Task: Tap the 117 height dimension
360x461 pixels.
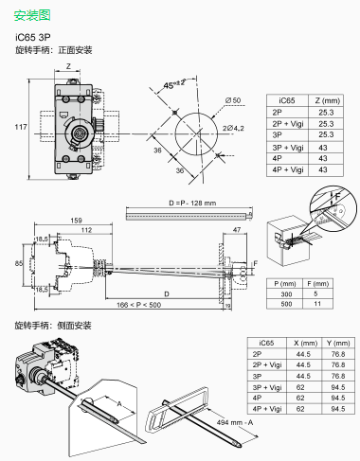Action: pyautogui.click(x=20, y=127)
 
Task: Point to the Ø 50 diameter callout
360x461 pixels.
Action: pyautogui.click(x=233, y=100)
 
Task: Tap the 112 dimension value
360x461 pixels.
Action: pyautogui.click(x=86, y=230)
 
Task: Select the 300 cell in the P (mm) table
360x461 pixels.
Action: pyautogui.click(x=284, y=294)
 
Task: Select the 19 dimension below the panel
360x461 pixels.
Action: pyautogui.click(x=228, y=306)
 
